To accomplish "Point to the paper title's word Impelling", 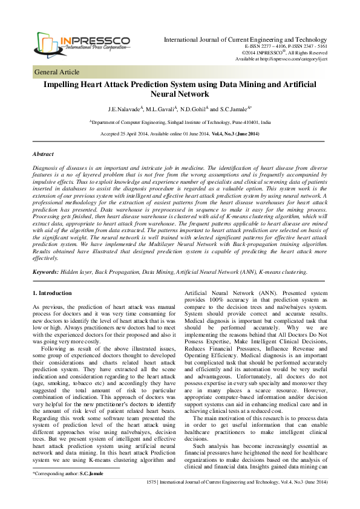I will [x=63, y=86].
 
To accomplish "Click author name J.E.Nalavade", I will [x=123, y=109].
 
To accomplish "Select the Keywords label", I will [x=45, y=273].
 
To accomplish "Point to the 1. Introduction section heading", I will [x=51, y=293].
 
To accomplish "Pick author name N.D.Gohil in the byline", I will [x=196, y=109].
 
